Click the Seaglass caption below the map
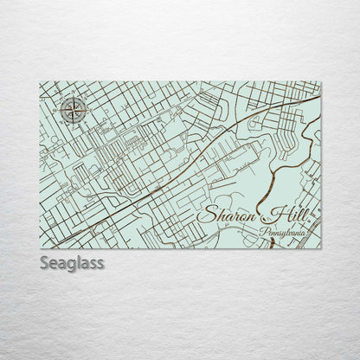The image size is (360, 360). [71, 262]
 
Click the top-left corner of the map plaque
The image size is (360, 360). [41, 82]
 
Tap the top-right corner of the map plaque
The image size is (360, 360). [320, 82]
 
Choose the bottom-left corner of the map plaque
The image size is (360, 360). [41, 248]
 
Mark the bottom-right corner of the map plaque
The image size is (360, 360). [320, 248]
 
